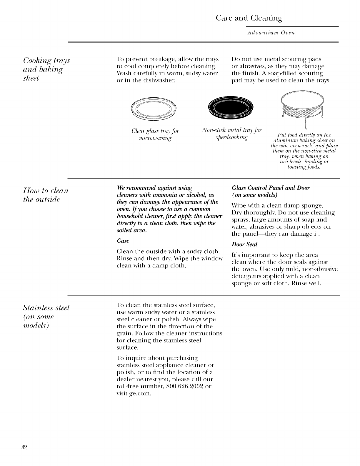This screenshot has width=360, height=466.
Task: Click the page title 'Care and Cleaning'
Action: point(249,18)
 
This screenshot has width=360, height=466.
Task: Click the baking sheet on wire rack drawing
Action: point(302,106)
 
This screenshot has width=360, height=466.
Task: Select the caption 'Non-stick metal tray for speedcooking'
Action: point(232,134)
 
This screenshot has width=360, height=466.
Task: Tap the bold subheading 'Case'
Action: point(123,241)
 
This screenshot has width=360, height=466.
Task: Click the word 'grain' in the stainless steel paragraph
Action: point(123,334)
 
